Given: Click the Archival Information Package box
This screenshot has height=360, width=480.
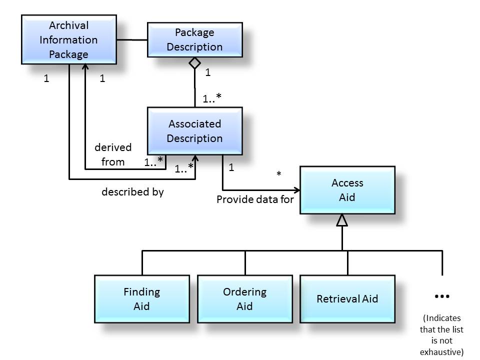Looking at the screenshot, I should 68,39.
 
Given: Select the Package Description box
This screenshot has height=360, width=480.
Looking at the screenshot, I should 194,39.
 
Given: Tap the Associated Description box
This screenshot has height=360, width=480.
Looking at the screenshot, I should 194,130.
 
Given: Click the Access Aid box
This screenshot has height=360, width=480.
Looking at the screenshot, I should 347,190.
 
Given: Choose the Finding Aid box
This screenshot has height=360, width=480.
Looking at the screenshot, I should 141,298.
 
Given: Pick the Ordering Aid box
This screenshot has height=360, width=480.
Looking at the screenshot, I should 244,298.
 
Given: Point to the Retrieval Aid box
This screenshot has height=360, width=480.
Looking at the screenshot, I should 347,298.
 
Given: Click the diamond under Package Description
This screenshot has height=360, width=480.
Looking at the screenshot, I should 194,63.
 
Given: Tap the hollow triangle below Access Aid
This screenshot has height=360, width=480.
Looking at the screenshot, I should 342,220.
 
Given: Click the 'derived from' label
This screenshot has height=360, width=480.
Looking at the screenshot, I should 113,154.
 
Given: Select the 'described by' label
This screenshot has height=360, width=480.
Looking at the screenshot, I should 132,191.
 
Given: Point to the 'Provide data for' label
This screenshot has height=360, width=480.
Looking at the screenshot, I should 255,199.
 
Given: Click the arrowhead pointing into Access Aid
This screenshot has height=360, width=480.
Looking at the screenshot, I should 296,190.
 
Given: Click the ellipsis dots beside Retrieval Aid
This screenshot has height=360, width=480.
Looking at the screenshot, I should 442,296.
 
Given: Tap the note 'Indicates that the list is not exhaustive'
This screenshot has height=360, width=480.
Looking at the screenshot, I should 442,334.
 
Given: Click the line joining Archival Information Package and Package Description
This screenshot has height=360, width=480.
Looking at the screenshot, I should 131,39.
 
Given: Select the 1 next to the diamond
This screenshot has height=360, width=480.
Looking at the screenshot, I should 208,72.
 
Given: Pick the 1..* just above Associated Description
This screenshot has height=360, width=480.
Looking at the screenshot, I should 212,98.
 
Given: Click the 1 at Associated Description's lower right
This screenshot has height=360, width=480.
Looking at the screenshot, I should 231,167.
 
